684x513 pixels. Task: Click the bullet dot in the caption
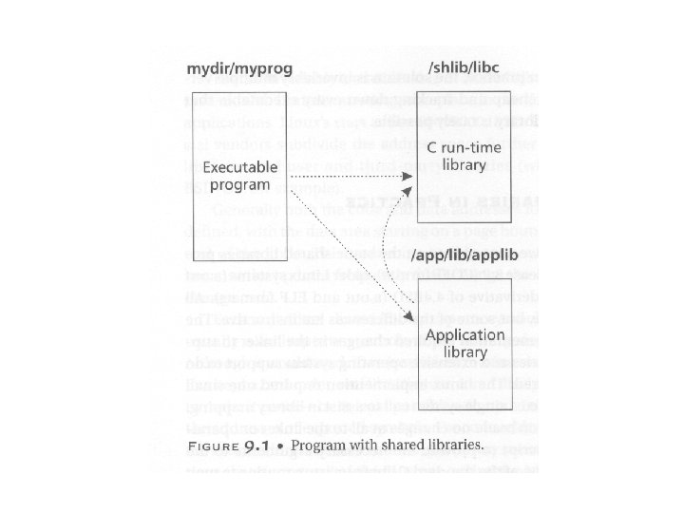click(x=285, y=444)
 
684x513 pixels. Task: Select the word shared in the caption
click(x=400, y=444)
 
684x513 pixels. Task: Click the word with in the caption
click(x=367, y=444)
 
